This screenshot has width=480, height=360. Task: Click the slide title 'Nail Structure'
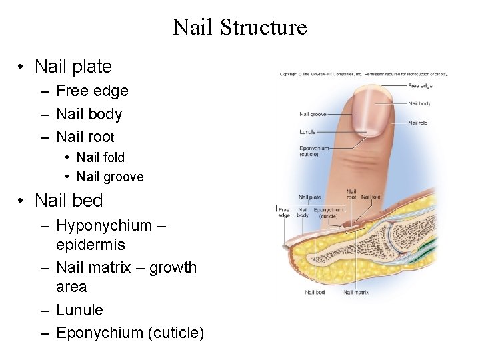click(x=239, y=27)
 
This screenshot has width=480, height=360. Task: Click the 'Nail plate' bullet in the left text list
click(x=73, y=67)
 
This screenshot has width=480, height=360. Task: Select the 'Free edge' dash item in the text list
click(x=92, y=91)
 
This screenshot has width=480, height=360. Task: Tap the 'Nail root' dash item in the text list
click(x=85, y=137)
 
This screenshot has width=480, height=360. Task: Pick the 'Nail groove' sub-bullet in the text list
click(x=110, y=177)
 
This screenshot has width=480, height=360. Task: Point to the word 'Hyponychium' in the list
click(x=104, y=226)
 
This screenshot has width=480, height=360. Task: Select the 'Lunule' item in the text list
click(x=79, y=310)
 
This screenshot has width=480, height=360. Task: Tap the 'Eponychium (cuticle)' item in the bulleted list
click(x=130, y=333)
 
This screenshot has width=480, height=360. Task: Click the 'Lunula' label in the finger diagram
click(x=308, y=132)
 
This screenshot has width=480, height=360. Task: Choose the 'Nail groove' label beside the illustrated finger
click(x=313, y=114)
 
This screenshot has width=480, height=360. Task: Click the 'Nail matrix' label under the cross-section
click(x=356, y=292)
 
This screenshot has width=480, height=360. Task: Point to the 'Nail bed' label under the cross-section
click(x=315, y=292)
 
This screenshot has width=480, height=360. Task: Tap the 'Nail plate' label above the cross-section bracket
click(x=310, y=197)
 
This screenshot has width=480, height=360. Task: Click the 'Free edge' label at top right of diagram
click(x=420, y=85)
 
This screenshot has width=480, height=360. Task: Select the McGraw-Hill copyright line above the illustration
click(x=363, y=73)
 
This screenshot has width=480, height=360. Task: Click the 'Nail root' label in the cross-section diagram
click(x=351, y=195)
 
